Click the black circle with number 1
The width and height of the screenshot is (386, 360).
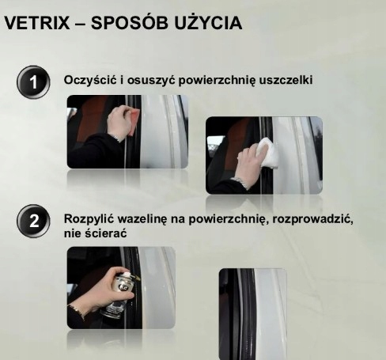32,81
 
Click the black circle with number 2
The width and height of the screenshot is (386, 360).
32,225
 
